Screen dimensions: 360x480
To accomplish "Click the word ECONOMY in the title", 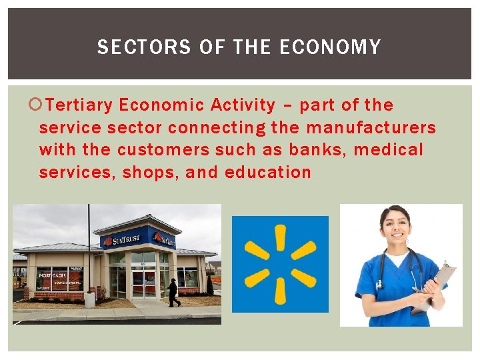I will click(x=330, y=47).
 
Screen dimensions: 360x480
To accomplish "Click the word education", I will click(x=268, y=172).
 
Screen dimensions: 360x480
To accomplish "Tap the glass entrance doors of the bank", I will click(x=143, y=281).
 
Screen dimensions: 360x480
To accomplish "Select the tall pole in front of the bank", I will click(x=89, y=253).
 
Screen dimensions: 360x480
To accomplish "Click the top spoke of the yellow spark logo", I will click(x=280, y=237).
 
